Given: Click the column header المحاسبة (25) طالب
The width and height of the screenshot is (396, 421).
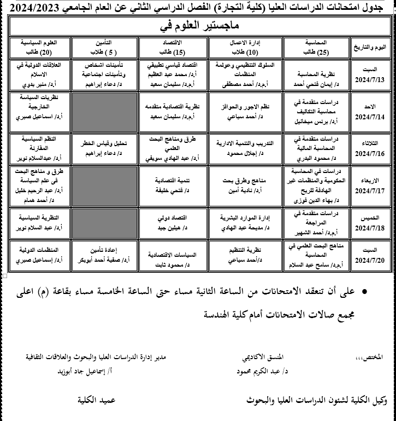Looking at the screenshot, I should (321, 47).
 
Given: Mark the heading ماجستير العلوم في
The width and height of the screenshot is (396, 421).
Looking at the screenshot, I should (199, 26).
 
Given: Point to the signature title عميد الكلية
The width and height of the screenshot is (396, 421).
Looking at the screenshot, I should (96, 400).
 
